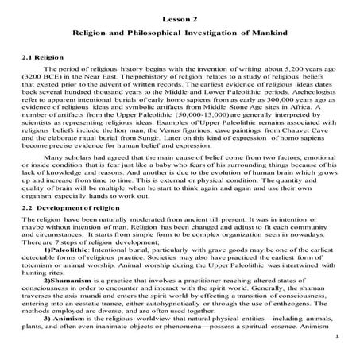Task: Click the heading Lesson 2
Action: (180, 17)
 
